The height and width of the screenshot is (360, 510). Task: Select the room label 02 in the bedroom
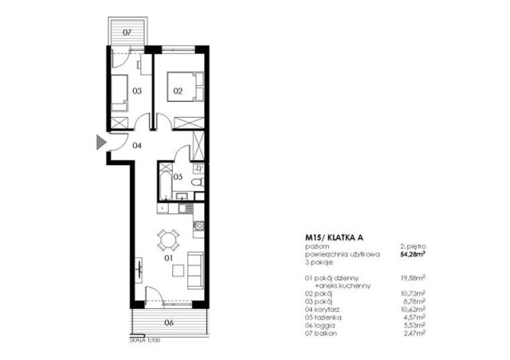point(178,92)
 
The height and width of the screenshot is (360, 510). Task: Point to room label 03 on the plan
point(137,92)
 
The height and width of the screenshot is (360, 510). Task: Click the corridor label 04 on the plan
point(137,146)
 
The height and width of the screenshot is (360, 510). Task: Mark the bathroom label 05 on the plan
point(178,177)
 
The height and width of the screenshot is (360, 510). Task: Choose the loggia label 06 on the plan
point(169,323)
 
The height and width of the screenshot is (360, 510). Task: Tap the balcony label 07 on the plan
point(127,33)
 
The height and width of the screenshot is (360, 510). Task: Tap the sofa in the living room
point(194,269)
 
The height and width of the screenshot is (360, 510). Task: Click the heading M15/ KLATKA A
point(335,237)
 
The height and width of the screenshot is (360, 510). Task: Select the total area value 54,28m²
point(412,255)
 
